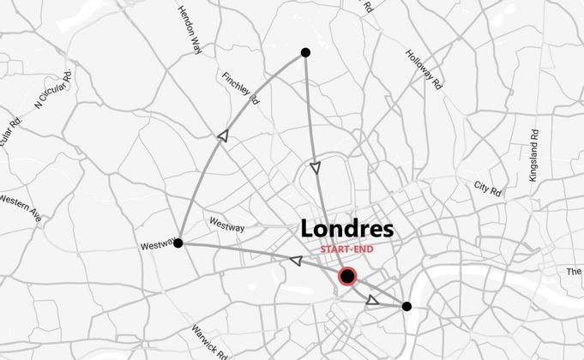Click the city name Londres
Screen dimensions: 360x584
tap(347, 230)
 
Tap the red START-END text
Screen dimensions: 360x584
tap(347, 249)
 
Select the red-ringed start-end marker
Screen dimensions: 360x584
tap(347, 276)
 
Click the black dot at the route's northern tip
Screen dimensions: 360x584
tap(305, 53)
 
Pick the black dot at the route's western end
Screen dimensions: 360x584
tap(178, 243)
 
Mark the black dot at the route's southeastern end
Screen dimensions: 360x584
tap(406, 306)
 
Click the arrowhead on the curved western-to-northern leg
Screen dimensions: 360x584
tap(223, 135)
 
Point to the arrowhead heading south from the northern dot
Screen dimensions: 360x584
tap(316, 168)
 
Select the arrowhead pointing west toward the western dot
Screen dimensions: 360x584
tap(295, 261)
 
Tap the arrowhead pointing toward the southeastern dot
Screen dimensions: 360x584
tap(372, 300)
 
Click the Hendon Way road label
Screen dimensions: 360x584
tap(190, 31)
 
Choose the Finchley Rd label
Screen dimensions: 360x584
tap(240, 87)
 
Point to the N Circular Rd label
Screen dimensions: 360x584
tap(54, 91)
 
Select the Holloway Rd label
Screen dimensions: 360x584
tap(424, 69)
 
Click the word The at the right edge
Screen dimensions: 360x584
tap(574, 272)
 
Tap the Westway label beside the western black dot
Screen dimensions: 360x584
tap(158, 248)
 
